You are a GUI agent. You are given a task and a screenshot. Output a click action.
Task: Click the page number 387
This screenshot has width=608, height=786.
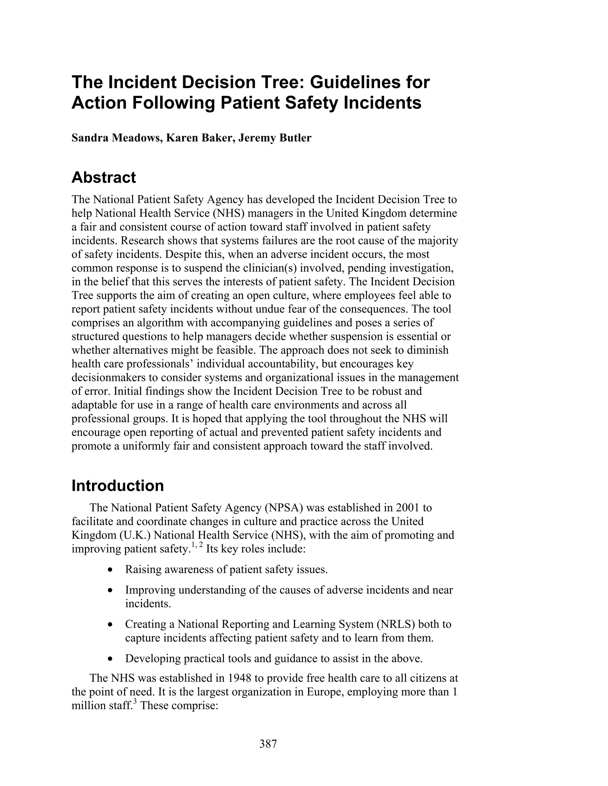pyautogui.click(x=268, y=744)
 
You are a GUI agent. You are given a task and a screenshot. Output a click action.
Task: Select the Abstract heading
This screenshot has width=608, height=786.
pyautogui.click(x=104, y=178)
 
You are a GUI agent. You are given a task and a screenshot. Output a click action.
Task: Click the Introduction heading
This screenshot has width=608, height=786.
pyautogui.click(x=118, y=486)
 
